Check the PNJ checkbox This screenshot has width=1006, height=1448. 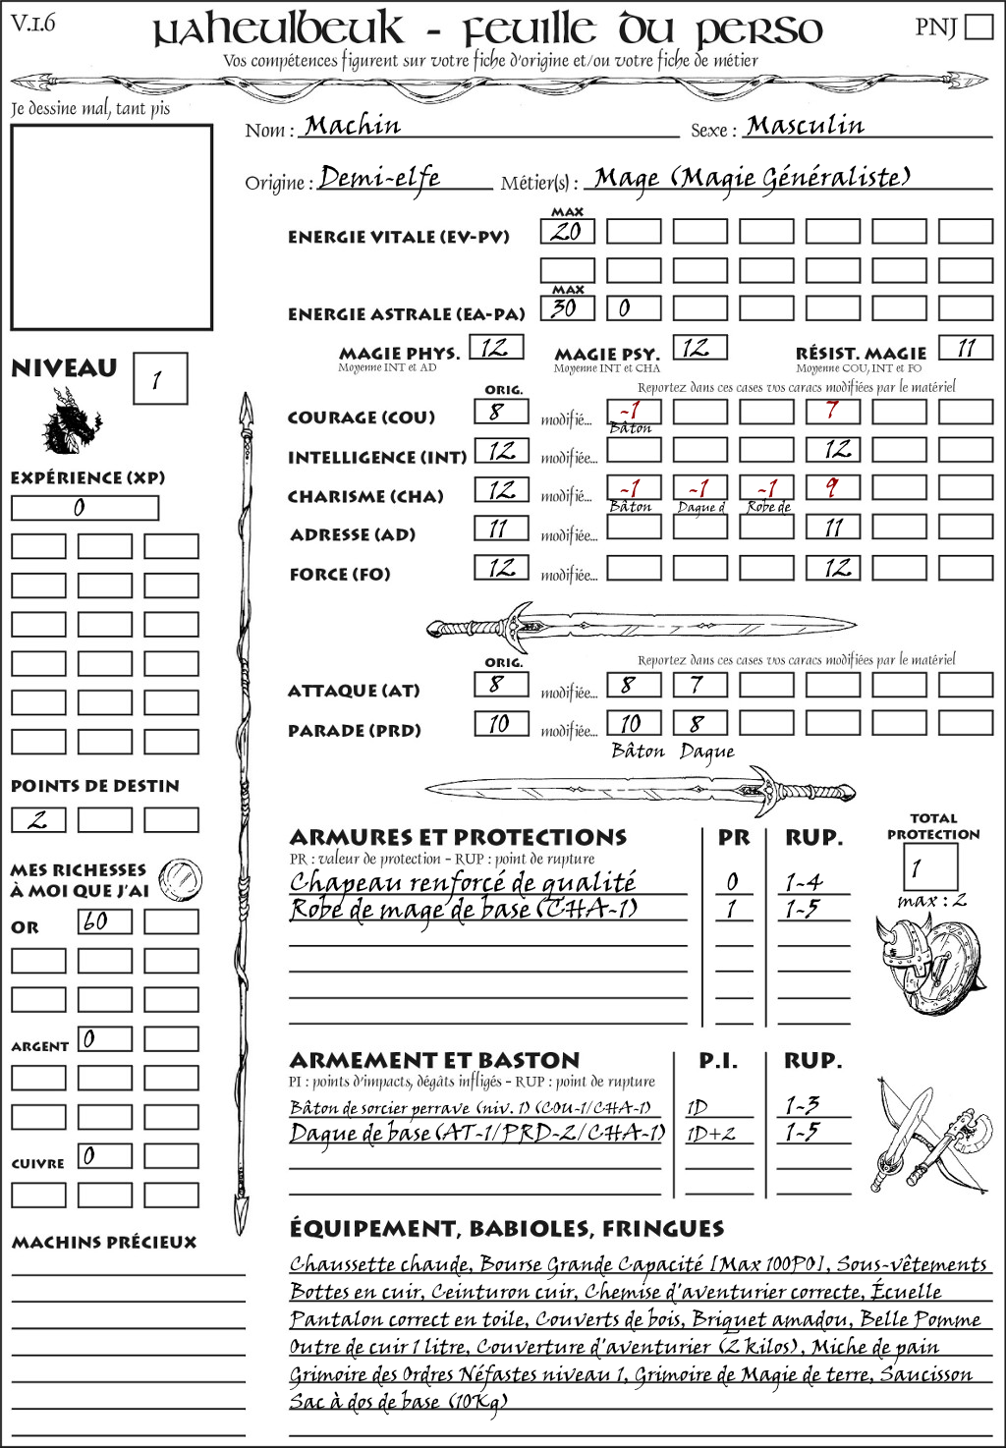(x=979, y=27)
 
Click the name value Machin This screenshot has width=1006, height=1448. (x=353, y=126)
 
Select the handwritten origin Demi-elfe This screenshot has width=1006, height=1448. (x=380, y=178)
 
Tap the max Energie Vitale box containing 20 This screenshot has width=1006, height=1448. (x=567, y=232)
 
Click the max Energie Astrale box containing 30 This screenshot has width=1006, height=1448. (x=567, y=307)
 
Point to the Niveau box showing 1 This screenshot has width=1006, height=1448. (x=159, y=379)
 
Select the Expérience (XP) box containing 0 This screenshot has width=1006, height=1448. (x=84, y=508)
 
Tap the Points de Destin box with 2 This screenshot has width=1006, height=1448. (x=38, y=819)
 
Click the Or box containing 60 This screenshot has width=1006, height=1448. (x=105, y=921)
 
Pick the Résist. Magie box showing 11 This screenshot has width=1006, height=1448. (x=966, y=348)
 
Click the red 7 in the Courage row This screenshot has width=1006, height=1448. (x=833, y=411)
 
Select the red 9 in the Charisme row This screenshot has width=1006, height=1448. (x=833, y=488)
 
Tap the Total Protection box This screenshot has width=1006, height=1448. (x=929, y=866)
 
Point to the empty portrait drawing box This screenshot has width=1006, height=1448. (x=111, y=227)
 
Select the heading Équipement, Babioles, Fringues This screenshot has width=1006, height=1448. (x=506, y=1228)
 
